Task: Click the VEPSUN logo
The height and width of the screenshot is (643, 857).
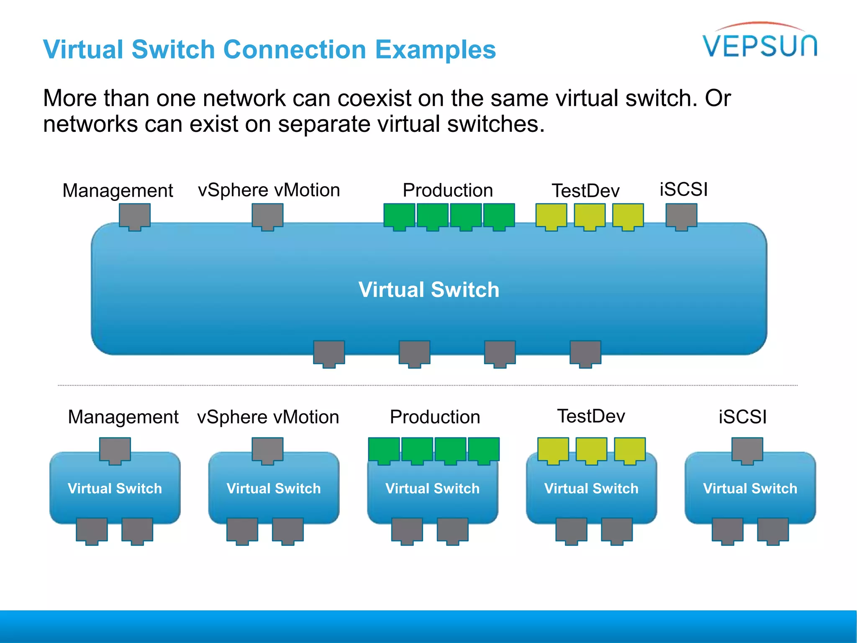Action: pos(759,44)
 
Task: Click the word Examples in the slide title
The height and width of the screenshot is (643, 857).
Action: pos(435,49)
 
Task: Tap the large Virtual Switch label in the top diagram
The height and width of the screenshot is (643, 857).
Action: pos(428,290)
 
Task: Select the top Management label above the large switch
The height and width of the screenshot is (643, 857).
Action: pos(118,190)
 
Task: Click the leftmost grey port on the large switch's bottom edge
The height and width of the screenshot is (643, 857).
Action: pos(329,353)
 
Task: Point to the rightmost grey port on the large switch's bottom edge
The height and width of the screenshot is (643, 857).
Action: pos(585,353)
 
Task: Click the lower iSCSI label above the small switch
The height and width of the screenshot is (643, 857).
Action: pos(742,417)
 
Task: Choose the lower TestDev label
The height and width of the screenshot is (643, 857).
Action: pos(591,416)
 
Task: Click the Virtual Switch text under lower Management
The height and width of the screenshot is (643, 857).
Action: pos(115,489)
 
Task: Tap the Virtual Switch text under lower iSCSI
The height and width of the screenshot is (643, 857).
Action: pos(750,489)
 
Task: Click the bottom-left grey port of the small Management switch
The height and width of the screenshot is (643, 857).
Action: pos(92,530)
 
